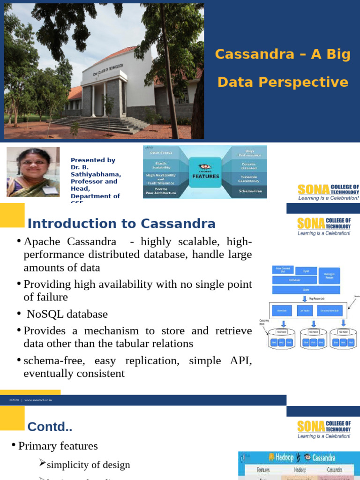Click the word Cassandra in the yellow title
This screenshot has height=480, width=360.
[248, 54]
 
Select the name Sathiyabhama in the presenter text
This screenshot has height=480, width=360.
[96, 174]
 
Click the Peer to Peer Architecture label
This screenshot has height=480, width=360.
[161, 191]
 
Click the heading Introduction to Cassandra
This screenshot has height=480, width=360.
[121, 224]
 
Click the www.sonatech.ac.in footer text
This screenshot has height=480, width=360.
[38, 400]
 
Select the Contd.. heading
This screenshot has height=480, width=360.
[50, 427]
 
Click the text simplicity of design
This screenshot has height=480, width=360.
[89, 465]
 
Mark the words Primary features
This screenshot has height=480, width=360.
[58, 446]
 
